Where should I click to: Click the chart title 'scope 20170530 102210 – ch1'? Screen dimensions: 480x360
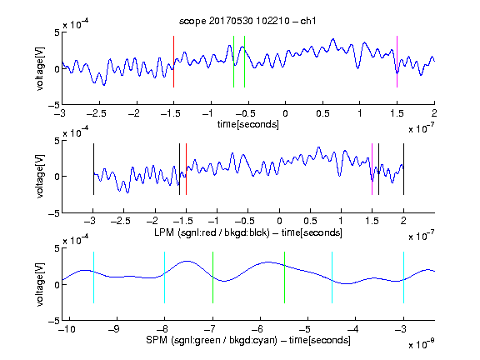(x=247, y=21)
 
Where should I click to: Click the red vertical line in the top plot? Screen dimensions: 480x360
(x=173, y=62)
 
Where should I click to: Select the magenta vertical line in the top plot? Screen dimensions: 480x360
(x=397, y=62)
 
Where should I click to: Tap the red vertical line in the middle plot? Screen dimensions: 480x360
(x=186, y=169)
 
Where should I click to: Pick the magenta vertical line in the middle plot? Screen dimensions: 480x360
(x=372, y=169)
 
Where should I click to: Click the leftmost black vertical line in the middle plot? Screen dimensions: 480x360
(x=93, y=169)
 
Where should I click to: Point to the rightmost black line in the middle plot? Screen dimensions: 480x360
(x=403, y=169)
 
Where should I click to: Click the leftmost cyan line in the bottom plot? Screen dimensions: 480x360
(x=93, y=277)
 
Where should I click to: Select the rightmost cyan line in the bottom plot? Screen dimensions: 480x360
(x=403, y=277)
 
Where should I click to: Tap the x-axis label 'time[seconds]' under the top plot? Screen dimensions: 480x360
(x=248, y=124)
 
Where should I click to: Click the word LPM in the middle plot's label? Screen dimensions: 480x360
(x=164, y=232)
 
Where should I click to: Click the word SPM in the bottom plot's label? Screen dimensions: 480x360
(x=157, y=339)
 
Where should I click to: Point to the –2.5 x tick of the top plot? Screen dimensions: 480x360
(x=96, y=113)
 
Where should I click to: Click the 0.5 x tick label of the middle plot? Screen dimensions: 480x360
(x=310, y=221)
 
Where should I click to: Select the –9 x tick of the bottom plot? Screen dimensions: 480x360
(x=114, y=329)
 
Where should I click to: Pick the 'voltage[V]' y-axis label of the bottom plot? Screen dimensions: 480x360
(x=40, y=284)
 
